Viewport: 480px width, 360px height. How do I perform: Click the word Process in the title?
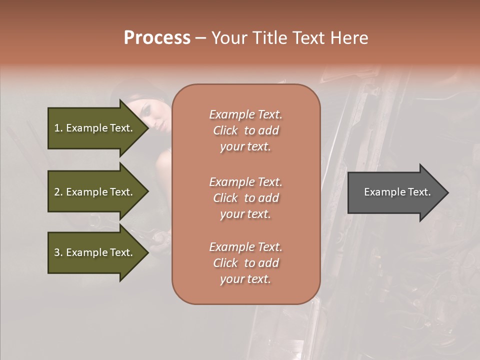[x=157, y=38]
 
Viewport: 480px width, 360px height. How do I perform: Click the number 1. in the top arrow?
[x=58, y=128]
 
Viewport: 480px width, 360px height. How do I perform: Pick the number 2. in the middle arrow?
[x=58, y=192]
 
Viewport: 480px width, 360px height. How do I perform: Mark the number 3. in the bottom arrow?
[x=58, y=252]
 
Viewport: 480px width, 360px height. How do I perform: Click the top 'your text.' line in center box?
[x=245, y=146]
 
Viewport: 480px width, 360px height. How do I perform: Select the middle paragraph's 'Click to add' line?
[x=245, y=198]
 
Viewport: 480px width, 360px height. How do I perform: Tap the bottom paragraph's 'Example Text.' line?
[x=245, y=247]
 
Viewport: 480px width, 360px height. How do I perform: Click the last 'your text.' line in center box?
[x=245, y=279]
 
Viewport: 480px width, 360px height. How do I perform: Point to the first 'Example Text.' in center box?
[x=245, y=114]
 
